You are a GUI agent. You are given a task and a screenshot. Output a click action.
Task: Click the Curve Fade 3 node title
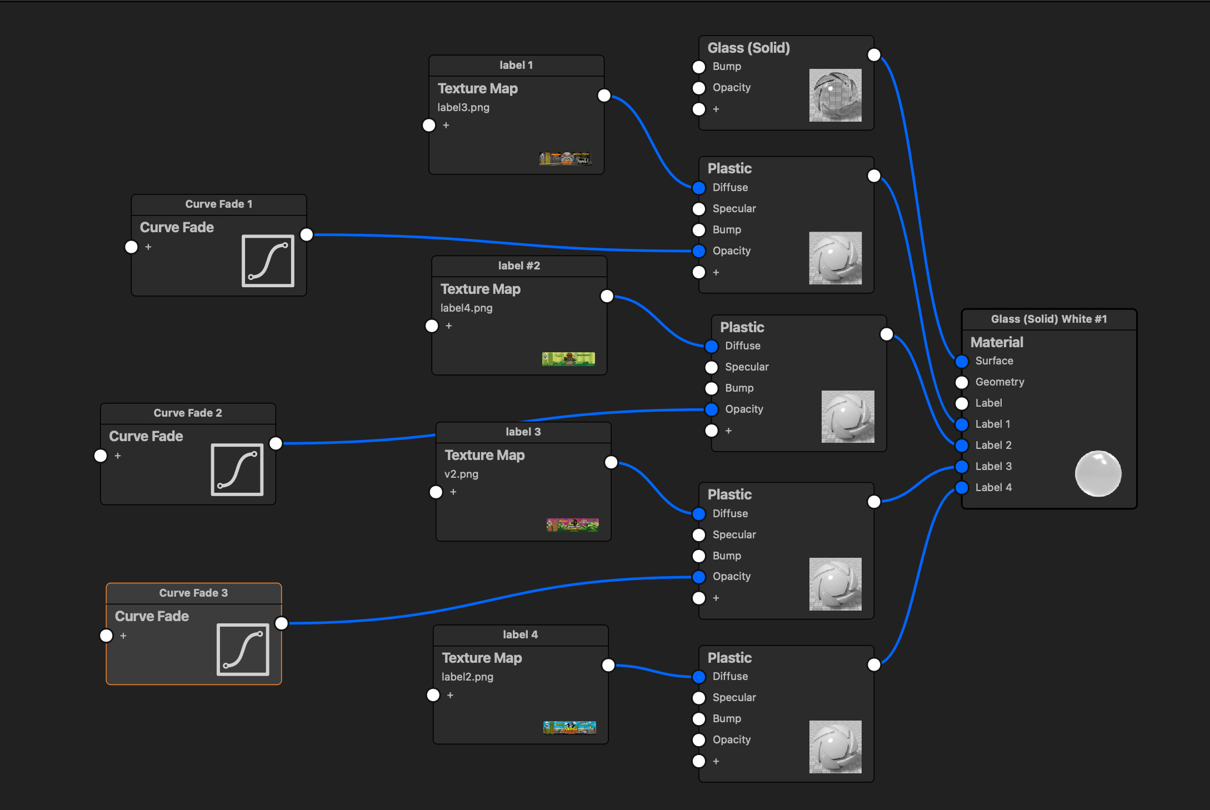(x=193, y=593)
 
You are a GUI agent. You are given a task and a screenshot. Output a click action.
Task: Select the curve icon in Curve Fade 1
(x=268, y=261)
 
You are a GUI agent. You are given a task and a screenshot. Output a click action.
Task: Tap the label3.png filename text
(x=463, y=107)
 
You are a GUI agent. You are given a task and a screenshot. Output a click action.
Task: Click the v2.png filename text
(x=461, y=474)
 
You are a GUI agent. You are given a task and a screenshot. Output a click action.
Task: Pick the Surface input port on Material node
(x=962, y=361)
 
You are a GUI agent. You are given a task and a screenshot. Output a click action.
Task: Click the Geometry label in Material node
(x=999, y=382)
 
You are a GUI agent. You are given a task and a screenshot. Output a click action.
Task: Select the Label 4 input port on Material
(x=962, y=488)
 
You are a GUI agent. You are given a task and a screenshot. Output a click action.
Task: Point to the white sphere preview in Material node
(x=1098, y=473)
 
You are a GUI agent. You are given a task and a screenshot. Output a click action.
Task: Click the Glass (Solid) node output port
(x=874, y=54)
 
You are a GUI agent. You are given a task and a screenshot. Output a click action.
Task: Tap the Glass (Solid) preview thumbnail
(x=835, y=95)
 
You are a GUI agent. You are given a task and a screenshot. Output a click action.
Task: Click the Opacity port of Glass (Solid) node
(x=699, y=88)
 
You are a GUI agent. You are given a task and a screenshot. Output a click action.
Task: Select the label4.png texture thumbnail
(x=568, y=359)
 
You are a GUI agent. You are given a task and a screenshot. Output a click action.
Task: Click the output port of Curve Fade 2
(x=276, y=443)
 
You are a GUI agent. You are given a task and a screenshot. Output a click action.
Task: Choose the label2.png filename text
(x=467, y=677)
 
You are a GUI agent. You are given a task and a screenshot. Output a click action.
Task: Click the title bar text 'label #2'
(x=519, y=266)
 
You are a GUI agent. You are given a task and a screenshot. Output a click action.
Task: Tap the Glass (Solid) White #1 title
(x=1049, y=319)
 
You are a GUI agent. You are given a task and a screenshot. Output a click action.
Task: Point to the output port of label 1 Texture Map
(x=604, y=96)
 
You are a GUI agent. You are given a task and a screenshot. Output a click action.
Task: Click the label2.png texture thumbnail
(x=569, y=727)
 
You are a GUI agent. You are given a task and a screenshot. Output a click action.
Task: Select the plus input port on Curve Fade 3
(x=106, y=636)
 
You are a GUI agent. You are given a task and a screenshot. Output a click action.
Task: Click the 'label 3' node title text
(x=523, y=432)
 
